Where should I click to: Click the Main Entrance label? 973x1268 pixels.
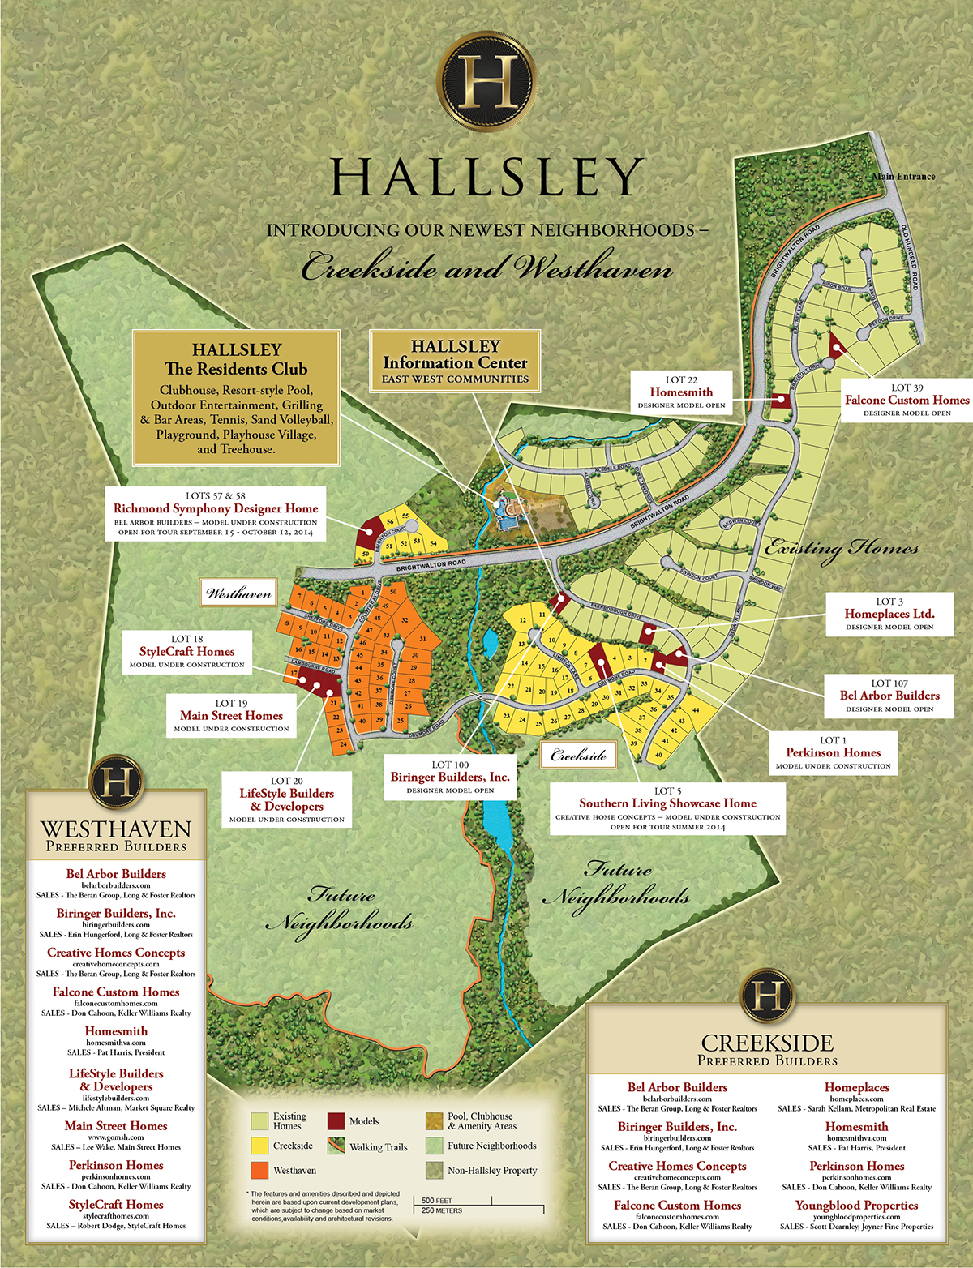903,176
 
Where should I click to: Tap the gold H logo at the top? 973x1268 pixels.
486,79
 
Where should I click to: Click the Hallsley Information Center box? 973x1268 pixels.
455,361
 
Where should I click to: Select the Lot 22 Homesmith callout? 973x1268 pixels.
681,392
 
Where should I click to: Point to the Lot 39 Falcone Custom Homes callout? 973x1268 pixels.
907,400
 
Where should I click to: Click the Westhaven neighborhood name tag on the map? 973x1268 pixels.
238,593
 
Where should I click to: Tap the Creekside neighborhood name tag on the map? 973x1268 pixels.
578,756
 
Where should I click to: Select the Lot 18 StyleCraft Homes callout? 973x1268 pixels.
186,651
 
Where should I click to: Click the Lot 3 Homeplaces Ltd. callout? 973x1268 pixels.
889,614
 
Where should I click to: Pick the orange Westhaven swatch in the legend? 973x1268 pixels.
259,1170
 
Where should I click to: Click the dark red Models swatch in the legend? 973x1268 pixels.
336,1121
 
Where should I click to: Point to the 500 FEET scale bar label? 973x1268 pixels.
437,1200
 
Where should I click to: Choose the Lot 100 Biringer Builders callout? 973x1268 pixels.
450,777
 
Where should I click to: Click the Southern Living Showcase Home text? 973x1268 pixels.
667,803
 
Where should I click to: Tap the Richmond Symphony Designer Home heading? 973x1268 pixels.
216,508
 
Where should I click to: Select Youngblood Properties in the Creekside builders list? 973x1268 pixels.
856,1206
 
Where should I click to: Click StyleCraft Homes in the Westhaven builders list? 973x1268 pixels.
116,1204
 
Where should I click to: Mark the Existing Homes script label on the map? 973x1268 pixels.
842,549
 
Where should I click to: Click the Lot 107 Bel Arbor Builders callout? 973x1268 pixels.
889,696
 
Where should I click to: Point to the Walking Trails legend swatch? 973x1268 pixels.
336,1146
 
